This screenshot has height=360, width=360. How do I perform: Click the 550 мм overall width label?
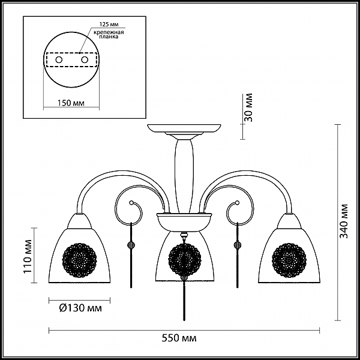pos(179,338)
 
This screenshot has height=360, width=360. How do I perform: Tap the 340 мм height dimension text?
pos(344,221)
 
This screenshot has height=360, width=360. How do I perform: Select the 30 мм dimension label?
pos(248,107)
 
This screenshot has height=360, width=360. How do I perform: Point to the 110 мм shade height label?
pos(28,256)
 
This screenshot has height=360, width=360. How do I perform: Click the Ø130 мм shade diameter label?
pos(80,308)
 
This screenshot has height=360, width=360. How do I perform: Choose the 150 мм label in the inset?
pos(71,103)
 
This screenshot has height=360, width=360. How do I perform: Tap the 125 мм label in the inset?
pos(109,25)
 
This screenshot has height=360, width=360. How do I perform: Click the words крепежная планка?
pos(109,34)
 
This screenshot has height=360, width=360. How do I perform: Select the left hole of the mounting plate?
pos(59,60)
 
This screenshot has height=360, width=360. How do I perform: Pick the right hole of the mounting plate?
pos(85,60)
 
